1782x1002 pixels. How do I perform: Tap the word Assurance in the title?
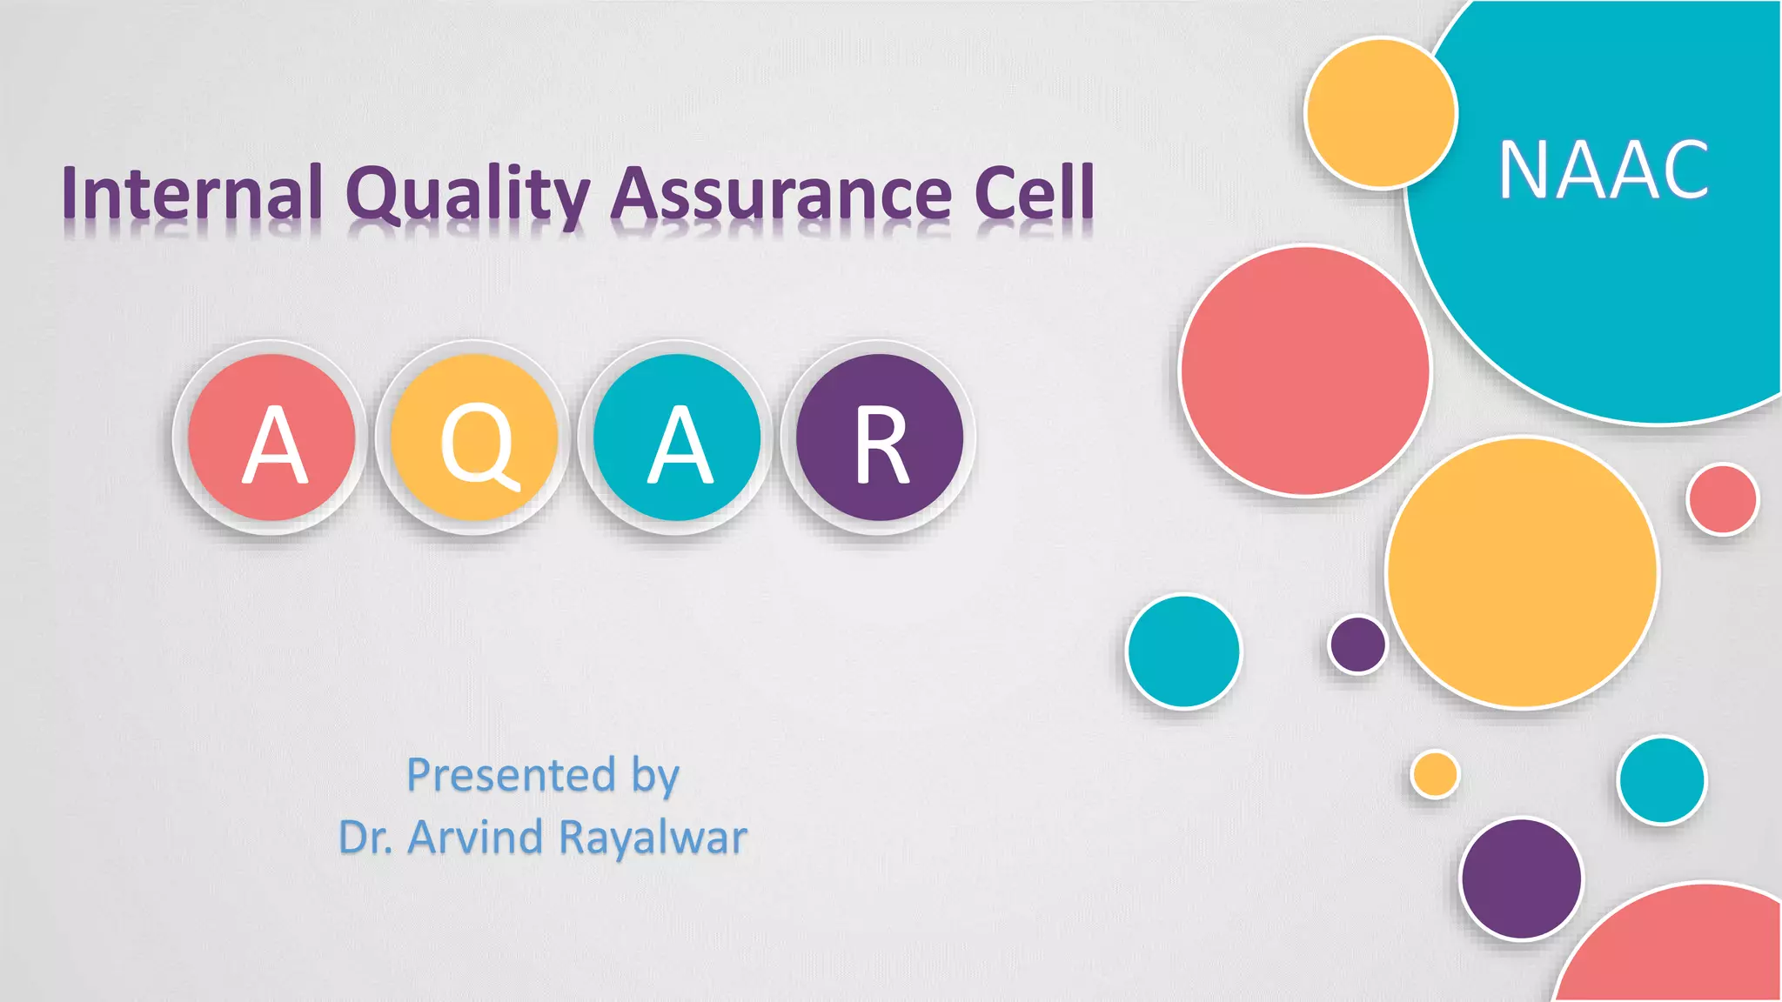tap(780, 193)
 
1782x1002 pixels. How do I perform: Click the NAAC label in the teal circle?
tap(1603, 170)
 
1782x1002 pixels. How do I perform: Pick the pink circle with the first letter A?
tap(271, 438)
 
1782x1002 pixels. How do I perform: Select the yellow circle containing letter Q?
tap(474, 438)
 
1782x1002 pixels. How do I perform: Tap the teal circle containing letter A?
tap(677, 438)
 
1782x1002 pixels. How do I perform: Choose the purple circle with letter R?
tap(880, 438)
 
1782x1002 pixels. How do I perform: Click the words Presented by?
tap(543, 774)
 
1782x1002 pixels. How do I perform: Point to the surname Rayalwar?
tap(653, 838)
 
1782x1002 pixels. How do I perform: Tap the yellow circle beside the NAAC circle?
tap(1381, 113)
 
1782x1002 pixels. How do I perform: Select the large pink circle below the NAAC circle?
tap(1304, 371)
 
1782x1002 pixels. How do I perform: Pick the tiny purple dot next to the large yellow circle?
tap(1357, 645)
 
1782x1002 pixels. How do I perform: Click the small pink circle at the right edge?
tap(1722, 499)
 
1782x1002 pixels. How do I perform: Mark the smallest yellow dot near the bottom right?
tap(1435, 774)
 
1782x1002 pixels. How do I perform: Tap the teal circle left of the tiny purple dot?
tap(1183, 651)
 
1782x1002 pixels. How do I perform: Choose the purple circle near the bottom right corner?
tap(1521, 878)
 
